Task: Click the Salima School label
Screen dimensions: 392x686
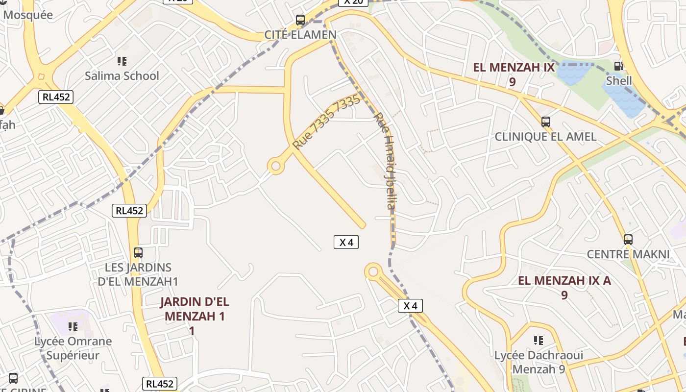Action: pos(122,76)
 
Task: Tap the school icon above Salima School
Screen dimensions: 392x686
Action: pos(122,61)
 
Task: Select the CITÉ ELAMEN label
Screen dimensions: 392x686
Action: pos(300,35)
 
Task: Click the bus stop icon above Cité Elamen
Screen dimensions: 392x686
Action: pos(300,21)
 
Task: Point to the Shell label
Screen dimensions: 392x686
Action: pos(619,80)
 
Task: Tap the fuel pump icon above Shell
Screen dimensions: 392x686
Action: pos(619,66)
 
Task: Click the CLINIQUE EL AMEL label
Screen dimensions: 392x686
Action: pos(545,137)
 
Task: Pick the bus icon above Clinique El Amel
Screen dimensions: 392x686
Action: pos(545,122)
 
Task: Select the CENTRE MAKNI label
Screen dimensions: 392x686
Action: pos(628,254)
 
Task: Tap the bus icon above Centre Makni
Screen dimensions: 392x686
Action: pos(628,240)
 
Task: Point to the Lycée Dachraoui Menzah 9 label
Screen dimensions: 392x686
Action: pos(539,362)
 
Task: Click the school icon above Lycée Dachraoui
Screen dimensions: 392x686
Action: pos(539,340)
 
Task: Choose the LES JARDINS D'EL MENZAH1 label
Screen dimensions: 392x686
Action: pos(138,274)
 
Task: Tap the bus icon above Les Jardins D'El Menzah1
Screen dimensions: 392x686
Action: pos(138,253)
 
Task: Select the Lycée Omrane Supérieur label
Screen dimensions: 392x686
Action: pos(73,348)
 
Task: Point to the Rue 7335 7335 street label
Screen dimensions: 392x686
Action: pos(326,122)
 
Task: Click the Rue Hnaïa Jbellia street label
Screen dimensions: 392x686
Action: pos(385,161)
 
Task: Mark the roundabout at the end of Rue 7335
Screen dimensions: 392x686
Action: pos(276,166)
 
